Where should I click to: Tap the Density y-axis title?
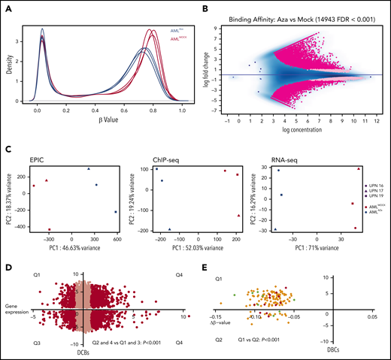pos(8,57)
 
